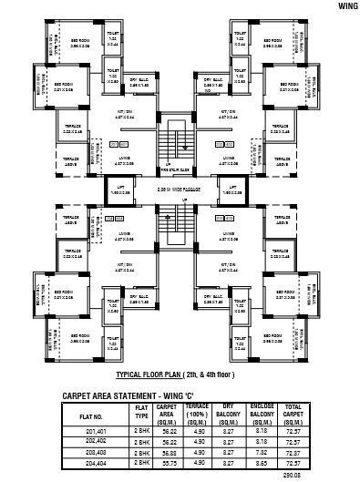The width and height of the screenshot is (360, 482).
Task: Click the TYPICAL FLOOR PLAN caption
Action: [181, 374]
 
